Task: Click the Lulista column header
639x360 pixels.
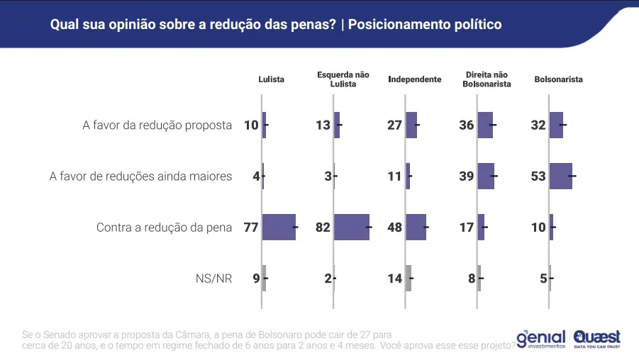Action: tap(271, 79)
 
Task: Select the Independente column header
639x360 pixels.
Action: tap(415, 79)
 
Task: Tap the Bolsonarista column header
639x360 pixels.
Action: tap(558, 79)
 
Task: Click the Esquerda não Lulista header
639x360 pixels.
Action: tap(343, 79)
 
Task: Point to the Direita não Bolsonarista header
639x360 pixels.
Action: tap(487, 79)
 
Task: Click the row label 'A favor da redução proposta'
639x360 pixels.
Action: tap(157, 125)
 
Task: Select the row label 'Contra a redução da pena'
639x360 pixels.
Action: tap(164, 227)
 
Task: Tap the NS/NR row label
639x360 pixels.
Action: tap(213, 279)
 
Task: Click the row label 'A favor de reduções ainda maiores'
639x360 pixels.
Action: tap(140, 176)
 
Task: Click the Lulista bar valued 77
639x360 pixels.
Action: tap(279, 227)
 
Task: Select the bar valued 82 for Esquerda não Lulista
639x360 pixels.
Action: tap(352, 227)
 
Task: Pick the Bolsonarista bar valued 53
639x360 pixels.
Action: tap(560, 176)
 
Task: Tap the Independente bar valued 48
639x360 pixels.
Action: tap(416, 227)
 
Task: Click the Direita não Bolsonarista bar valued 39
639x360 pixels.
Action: tap(486, 176)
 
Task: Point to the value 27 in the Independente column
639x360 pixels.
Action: tap(394, 125)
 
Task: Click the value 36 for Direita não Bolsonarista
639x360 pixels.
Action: tap(466, 125)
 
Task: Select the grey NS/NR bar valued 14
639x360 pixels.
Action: tap(409, 279)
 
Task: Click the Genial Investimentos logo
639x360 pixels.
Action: tap(541, 338)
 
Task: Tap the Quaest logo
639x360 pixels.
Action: tap(596, 338)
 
